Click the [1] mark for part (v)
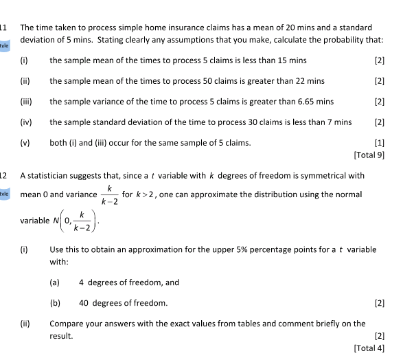coord(380,143)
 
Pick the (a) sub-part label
coord(54,282)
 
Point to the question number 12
coord(4,175)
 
